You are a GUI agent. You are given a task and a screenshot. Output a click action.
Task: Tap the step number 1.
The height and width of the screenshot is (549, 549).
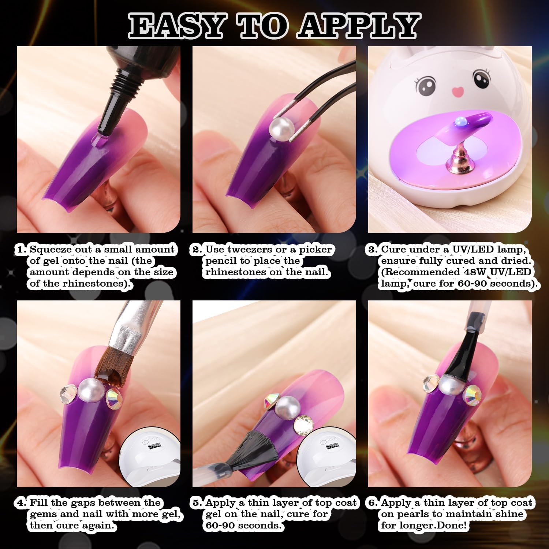22,250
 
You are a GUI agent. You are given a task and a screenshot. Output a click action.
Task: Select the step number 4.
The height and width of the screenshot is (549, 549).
22,503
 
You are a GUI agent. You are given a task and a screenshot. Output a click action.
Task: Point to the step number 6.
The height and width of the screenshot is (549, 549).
373,503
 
